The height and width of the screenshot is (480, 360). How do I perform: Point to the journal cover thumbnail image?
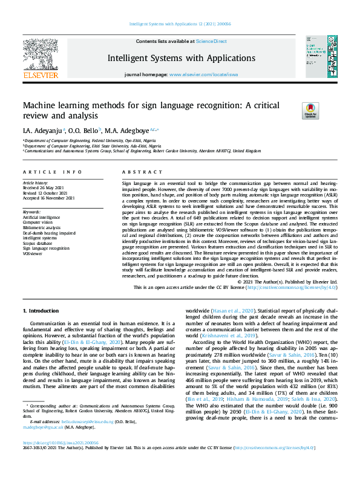pyautogui.click(x=318, y=57)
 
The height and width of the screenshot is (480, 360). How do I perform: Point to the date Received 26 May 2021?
pyautogui.click(x=44, y=187)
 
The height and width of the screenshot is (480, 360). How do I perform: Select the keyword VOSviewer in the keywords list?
pyautogui.click(x=33, y=253)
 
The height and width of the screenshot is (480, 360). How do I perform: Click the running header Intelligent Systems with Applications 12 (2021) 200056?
pyautogui.click(x=180, y=24)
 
